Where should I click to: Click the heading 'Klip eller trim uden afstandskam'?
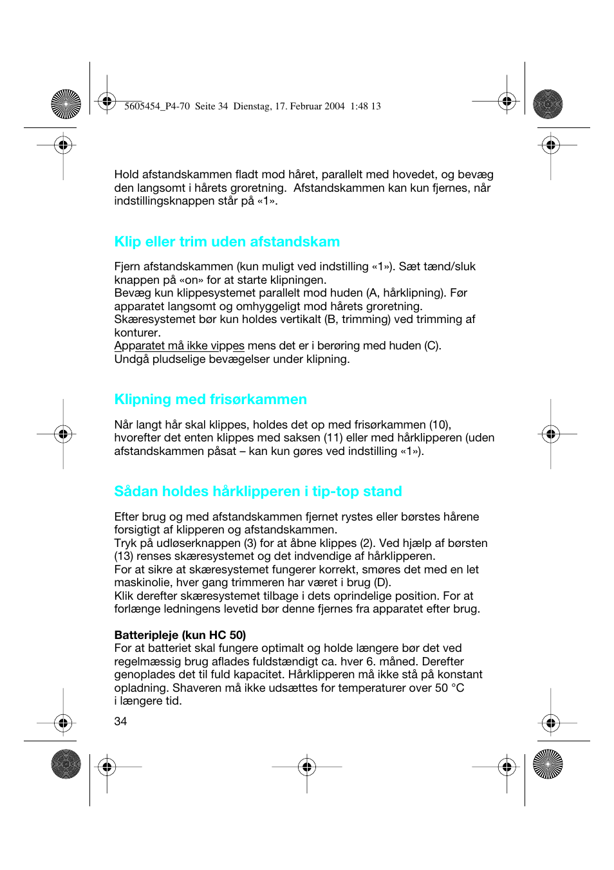[x=227, y=242]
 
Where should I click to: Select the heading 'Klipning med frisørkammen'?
[x=210, y=400]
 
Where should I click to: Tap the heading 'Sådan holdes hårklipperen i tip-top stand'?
[x=257, y=492]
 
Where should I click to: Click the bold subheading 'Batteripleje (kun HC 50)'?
[x=180, y=635]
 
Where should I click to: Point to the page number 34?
[x=120, y=721]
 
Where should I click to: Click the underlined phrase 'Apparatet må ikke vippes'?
[x=179, y=346]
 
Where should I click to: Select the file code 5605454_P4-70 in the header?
[x=157, y=106]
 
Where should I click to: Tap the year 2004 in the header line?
[x=335, y=106]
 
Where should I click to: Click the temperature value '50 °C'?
[x=449, y=688]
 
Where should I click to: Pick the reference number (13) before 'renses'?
[x=124, y=556]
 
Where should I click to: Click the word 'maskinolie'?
[x=142, y=582]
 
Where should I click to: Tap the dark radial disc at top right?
[x=548, y=104]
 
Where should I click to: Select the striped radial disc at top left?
[x=66, y=104]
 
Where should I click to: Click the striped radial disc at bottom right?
[x=548, y=764]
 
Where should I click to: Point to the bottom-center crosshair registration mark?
[x=307, y=766]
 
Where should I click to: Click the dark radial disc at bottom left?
[x=66, y=764]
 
